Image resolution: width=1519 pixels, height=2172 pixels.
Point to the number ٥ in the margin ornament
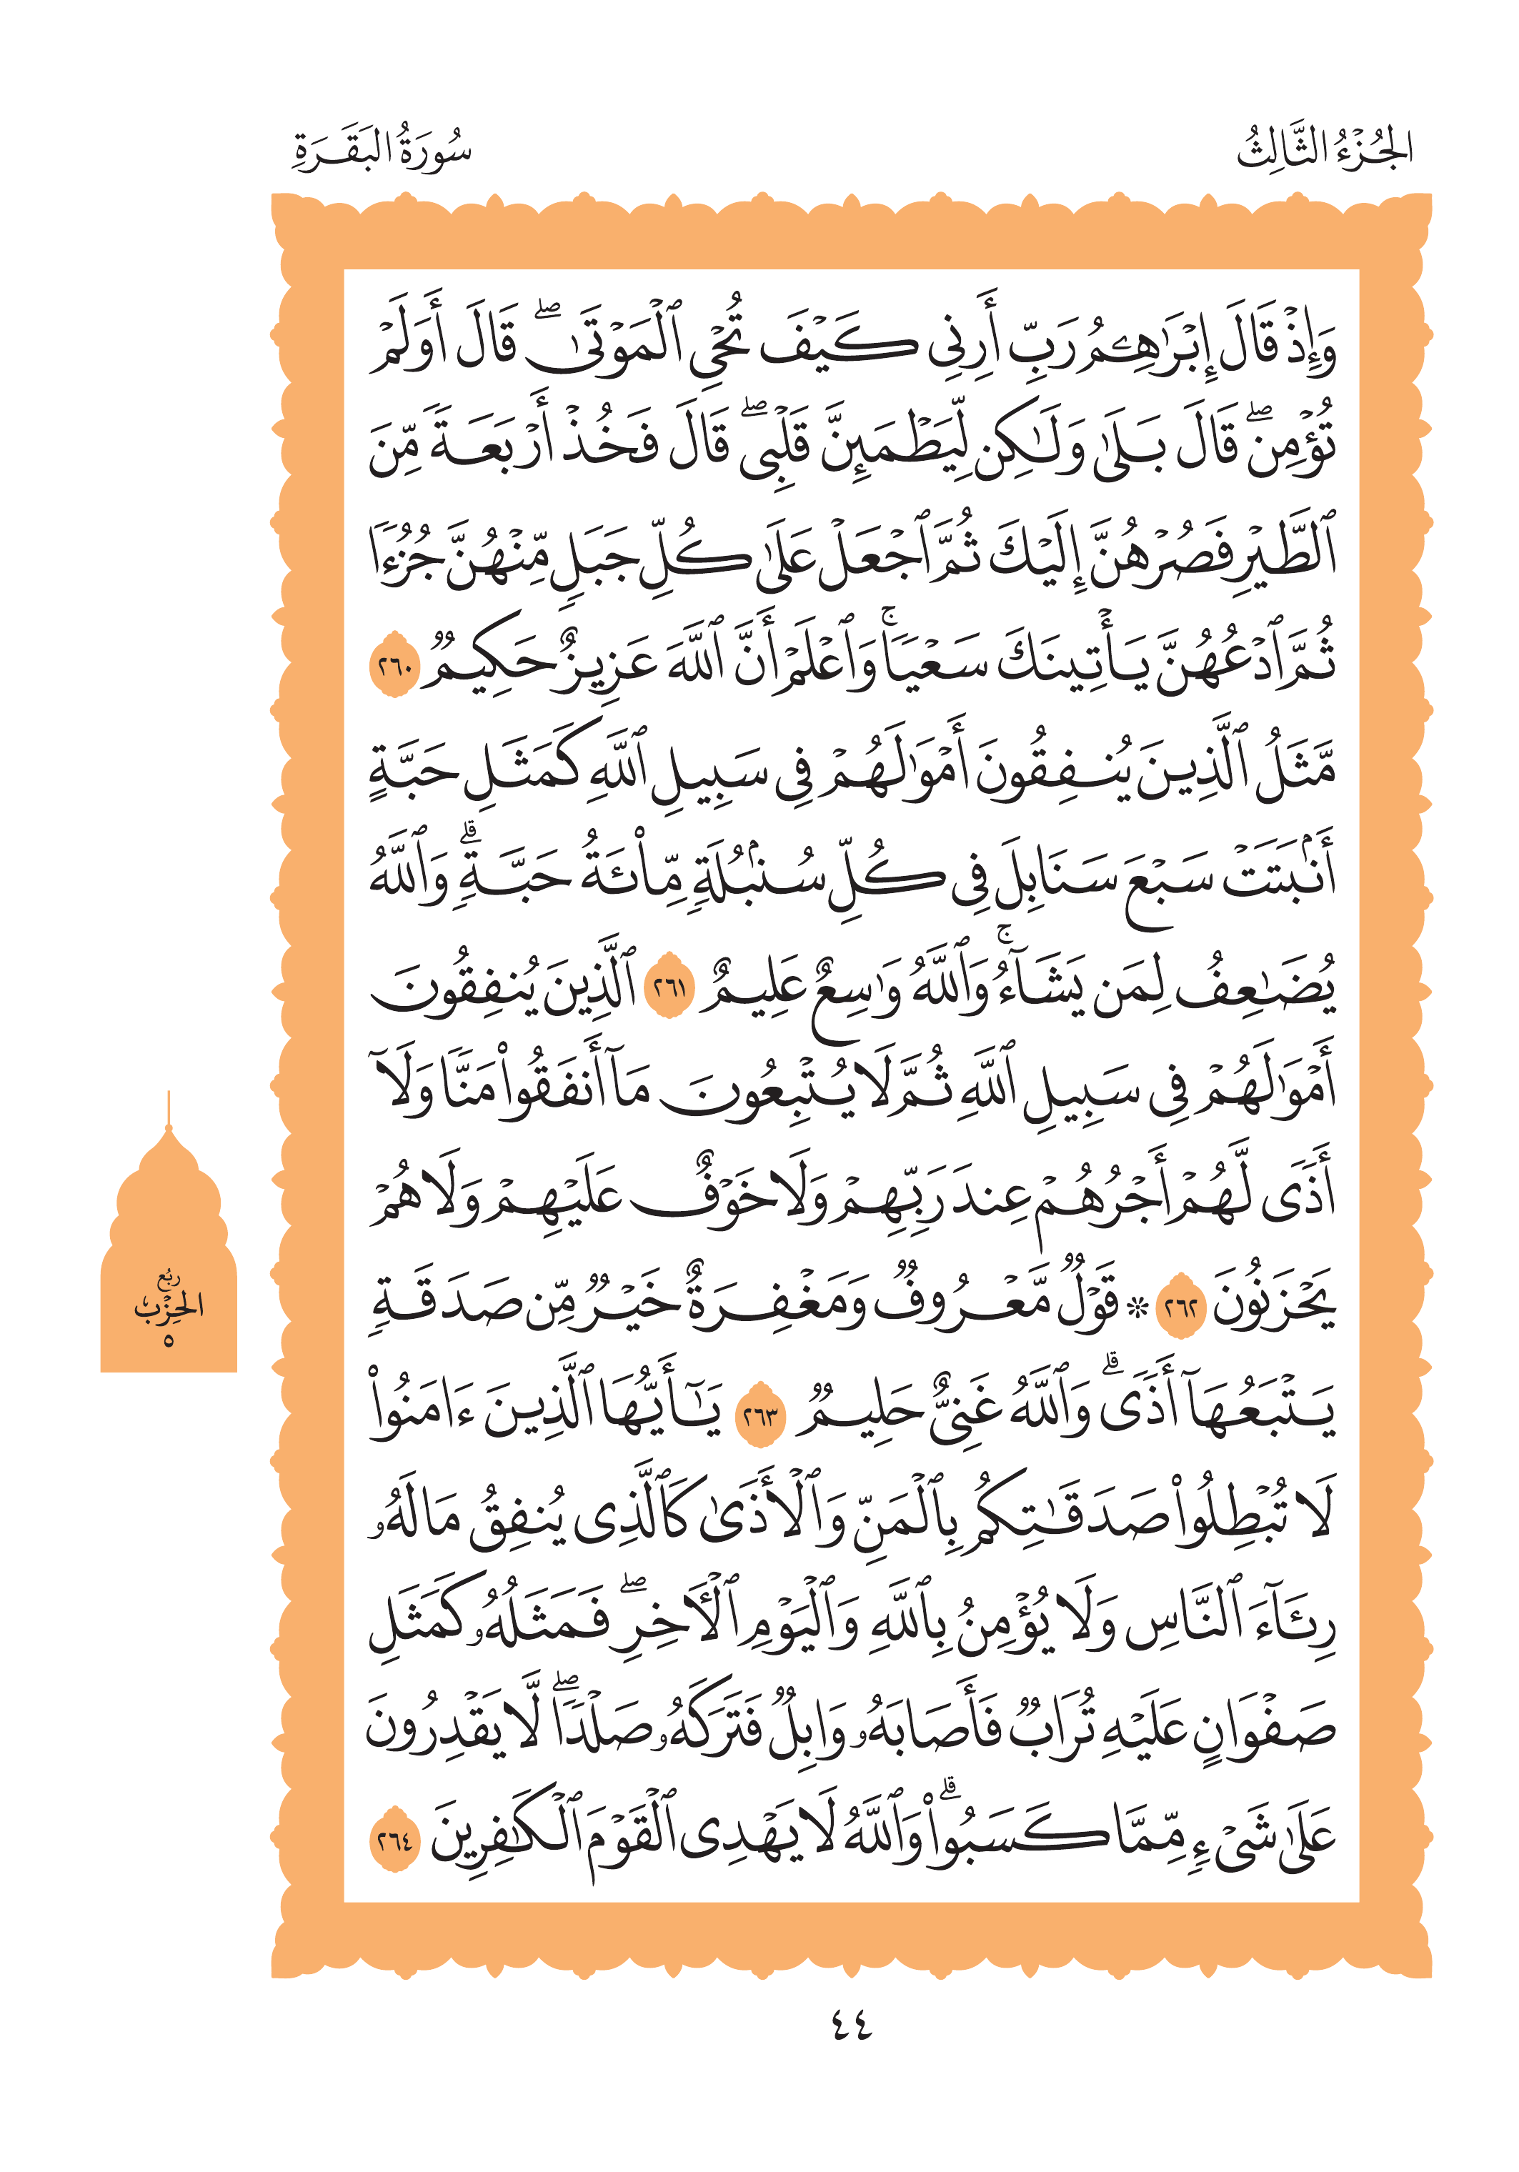[169, 1340]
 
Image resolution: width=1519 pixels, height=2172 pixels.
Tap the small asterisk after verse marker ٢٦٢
[1139, 1308]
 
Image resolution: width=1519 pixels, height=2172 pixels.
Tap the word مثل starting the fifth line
[1296, 771]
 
